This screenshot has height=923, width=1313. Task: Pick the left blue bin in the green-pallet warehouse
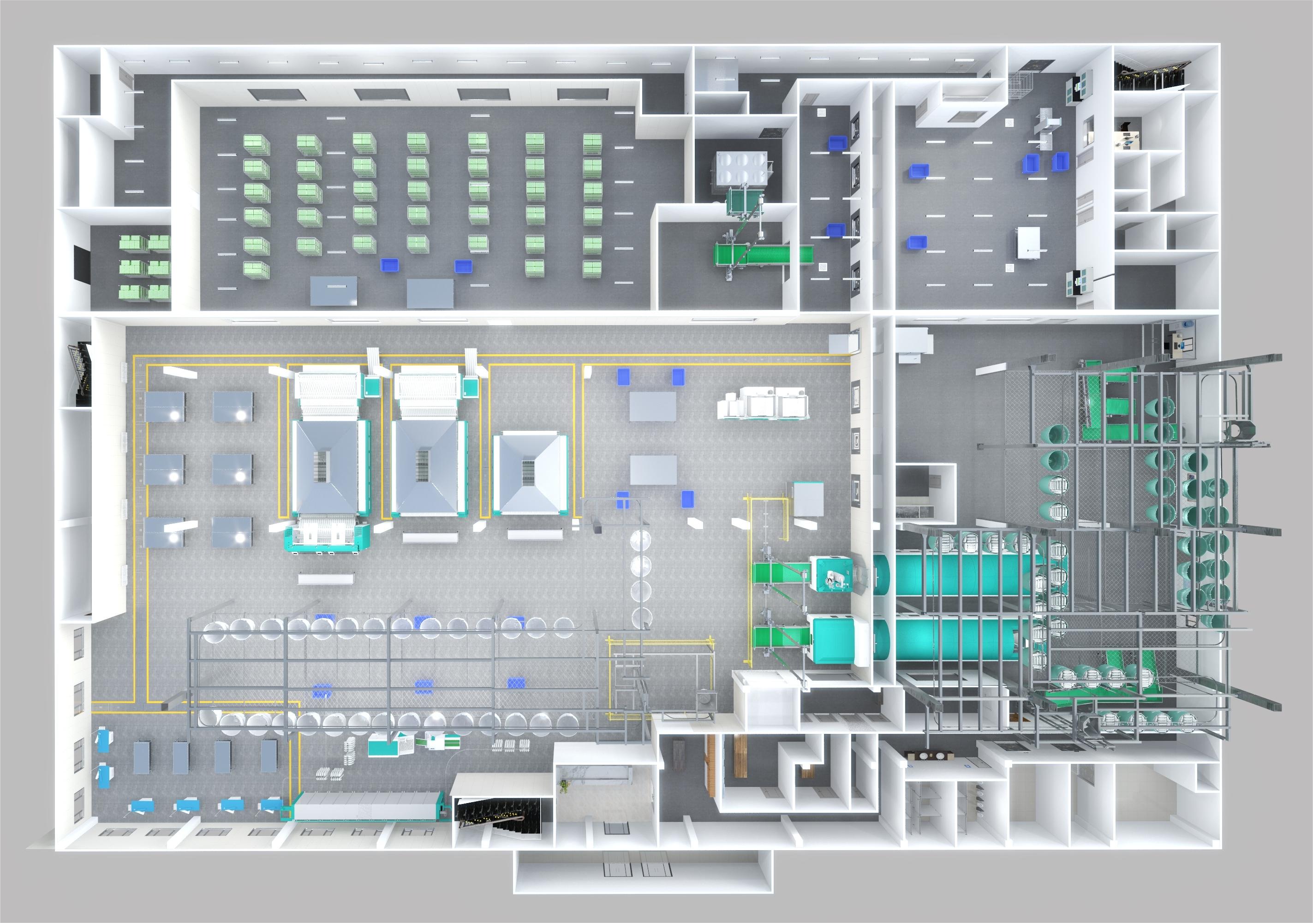point(390,264)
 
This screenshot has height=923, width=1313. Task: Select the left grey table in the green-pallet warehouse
point(334,291)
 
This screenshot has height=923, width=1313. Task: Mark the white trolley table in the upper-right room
point(1027,243)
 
